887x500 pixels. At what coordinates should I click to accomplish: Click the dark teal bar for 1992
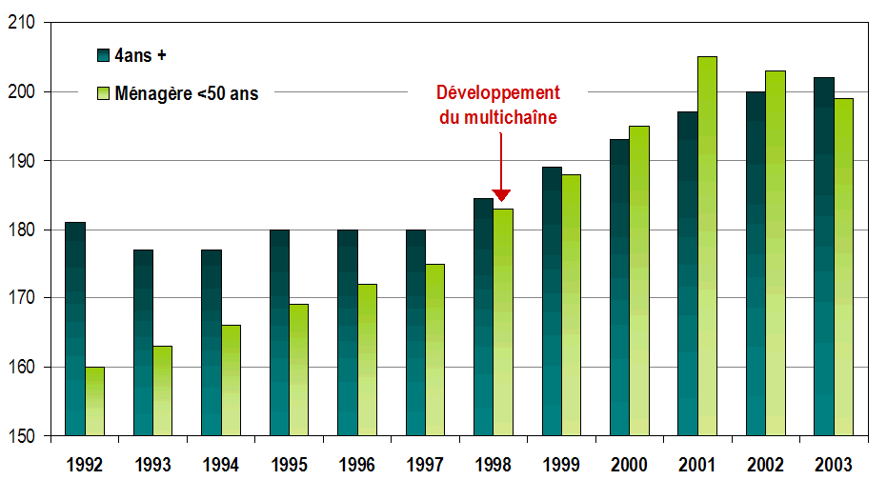point(75,329)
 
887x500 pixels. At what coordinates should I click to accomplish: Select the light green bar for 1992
point(94,401)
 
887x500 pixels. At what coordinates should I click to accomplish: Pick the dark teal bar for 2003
point(824,256)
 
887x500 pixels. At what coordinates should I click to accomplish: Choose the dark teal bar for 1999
point(552,301)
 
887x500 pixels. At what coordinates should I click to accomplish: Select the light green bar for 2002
point(776,252)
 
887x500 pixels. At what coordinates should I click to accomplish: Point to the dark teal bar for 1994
point(212,342)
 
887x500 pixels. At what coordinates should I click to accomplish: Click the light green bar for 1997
point(434,350)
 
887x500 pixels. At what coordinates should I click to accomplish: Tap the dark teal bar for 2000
point(619,287)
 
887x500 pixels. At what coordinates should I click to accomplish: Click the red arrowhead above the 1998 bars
point(500,194)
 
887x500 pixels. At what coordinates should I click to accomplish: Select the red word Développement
point(498,92)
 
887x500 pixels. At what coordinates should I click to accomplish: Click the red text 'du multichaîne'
point(498,117)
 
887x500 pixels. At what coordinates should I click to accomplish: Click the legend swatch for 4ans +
point(103,55)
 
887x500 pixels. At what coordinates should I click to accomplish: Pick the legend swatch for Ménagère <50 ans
point(103,93)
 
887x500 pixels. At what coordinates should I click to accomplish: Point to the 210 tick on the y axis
point(29,23)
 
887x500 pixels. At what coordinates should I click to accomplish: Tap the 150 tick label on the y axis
point(29,436)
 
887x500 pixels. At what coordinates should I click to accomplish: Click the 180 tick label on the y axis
point(29,230)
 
